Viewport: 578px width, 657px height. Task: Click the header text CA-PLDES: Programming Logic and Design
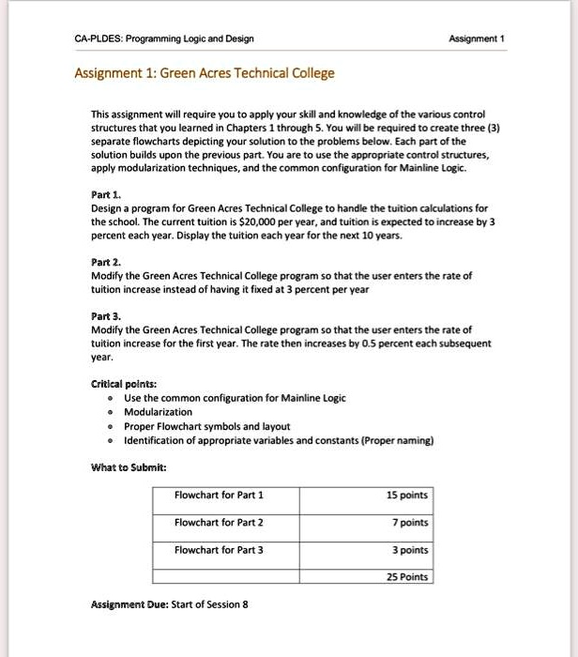coord(163,38)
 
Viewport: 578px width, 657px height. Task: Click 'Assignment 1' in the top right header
coord(478,38)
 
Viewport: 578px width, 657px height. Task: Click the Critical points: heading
coord(123,385)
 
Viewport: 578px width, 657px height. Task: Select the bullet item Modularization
coord(158,411)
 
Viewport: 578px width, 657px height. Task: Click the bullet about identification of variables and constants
coord(279,439)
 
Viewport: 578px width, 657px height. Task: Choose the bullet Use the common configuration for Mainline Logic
coord(235,398)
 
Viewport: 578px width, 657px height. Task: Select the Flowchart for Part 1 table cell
coord(219,496)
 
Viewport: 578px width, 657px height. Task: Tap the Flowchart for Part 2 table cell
coord(219,523)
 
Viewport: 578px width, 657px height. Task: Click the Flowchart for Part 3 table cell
coord(219,550)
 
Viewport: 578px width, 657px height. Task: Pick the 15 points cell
coord(407,496)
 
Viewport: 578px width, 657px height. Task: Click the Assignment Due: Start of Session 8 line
coord(169,604)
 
